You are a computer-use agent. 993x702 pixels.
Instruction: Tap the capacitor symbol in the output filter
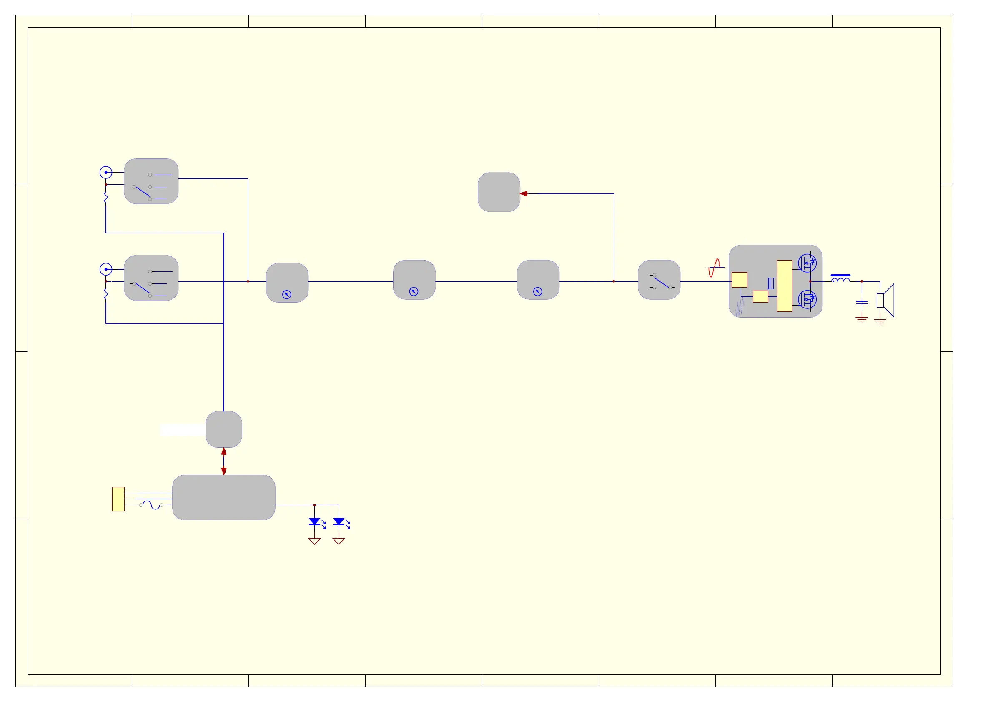tap(862, 302)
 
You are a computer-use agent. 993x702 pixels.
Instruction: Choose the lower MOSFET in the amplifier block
tap(807, 299)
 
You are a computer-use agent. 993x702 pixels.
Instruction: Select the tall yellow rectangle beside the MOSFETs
tap(785, 286)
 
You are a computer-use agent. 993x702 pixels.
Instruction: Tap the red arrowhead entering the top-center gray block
tap(524, 194)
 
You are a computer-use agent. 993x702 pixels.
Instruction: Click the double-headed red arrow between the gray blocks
tap(223, 461)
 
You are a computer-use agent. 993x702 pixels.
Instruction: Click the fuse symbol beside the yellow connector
tap(151, 505)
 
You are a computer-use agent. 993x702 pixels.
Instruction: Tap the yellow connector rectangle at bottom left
tap(118, 499)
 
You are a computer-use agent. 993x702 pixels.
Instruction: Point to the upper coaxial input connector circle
tap(106, 173)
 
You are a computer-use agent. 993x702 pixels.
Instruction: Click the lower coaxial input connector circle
tap(106, 269)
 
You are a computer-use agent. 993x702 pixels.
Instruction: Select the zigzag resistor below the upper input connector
tap(106, 197)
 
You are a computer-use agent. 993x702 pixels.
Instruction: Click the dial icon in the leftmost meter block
tap(287, 295)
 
